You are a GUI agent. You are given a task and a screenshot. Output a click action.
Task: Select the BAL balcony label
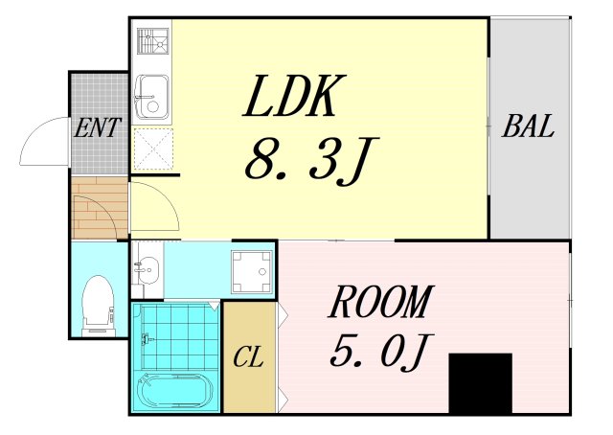click(x=529, y=127)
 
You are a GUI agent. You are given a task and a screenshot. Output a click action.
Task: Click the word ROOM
click(x=380, y=303)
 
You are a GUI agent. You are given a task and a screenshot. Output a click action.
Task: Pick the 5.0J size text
click(x=375, y=355)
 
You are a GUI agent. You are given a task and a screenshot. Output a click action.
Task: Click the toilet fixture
click(x=99, y=302)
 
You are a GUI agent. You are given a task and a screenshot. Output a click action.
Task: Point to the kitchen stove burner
click(x=150, y=43)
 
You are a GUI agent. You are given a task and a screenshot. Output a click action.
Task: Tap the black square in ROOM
click(x=480, y=382)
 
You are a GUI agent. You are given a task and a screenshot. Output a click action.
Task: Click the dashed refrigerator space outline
click(x=151, y=149)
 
